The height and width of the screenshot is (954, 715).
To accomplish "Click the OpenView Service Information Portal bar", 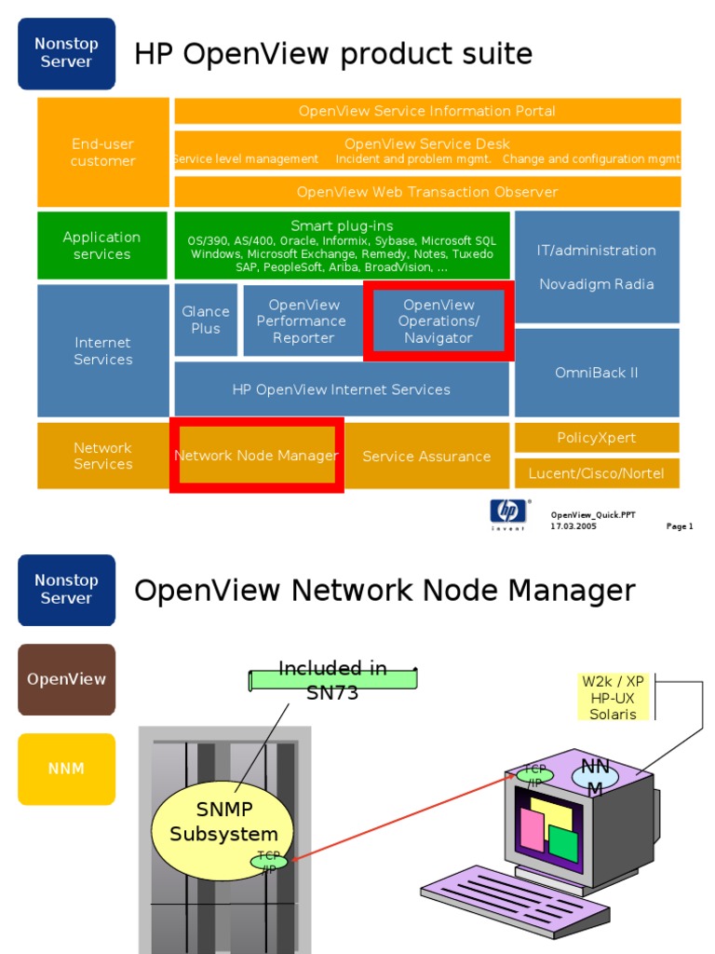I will [x=427, y=111].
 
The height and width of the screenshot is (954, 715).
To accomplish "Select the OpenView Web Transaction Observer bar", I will [x=427, y=192].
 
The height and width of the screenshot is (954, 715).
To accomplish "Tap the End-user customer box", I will [x=103, y=153].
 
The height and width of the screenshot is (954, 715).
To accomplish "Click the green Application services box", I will [x=102, y=246].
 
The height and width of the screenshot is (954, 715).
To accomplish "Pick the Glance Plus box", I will [x=206, y=320].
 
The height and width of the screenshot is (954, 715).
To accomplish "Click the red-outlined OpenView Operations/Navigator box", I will [x=438, y=321].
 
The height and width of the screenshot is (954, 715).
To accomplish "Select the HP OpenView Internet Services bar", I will [x=341, y=389].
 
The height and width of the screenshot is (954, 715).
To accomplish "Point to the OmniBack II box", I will [x=597, y=373].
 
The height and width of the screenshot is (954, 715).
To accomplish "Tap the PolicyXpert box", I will [x=597, y=438].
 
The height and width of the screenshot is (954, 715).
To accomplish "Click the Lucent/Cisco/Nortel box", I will [x=597, y=473].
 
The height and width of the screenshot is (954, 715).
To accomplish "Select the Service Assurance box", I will [x=426, y=457].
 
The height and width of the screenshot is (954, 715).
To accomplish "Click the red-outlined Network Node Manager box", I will [x=257, y=456].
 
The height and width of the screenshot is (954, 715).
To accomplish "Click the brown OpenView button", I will [x=66, y=679].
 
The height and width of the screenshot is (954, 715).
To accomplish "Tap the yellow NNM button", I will [x=66, y=769].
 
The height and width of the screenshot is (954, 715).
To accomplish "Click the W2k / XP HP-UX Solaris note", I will [x=613, y=698].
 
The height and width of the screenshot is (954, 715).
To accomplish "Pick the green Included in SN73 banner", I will [x=332, y=680].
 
